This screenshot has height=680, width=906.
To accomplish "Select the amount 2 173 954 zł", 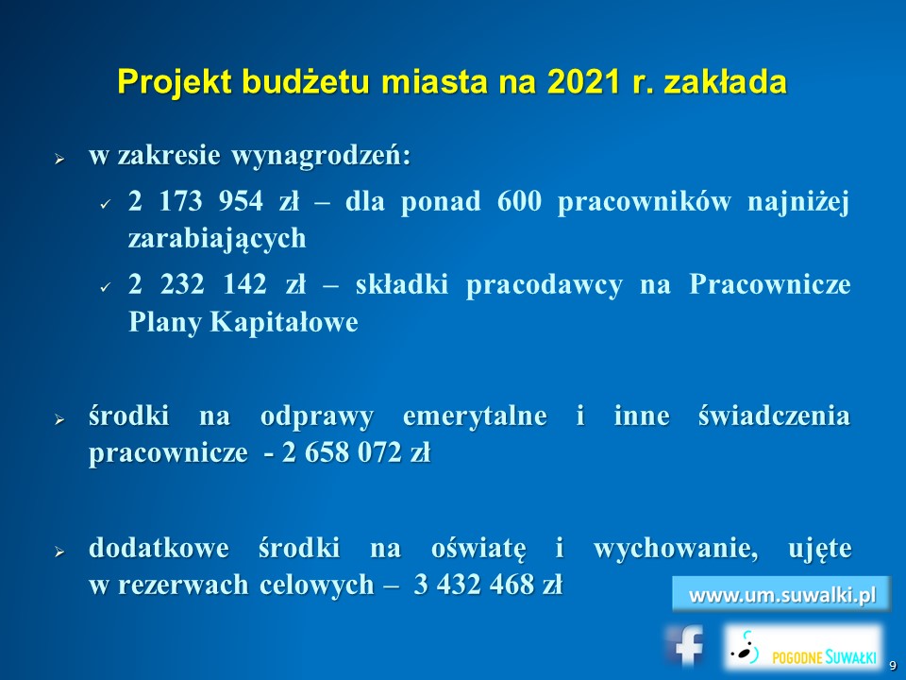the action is tap(214, 201).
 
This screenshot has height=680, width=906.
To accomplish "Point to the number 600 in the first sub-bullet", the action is tap(519, 201).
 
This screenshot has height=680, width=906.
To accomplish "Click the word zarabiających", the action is tap(217, 239).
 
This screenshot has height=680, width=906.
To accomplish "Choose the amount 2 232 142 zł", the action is tap(217, 284).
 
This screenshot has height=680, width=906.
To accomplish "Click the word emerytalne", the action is tap(475, 416).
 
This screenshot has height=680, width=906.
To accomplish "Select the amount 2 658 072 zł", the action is tap(356, 452).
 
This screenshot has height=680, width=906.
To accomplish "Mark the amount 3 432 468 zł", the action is tap(488, 585).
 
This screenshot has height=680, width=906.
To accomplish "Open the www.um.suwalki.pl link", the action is tap(781, 594).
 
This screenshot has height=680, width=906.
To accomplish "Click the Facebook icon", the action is tap(685, 645).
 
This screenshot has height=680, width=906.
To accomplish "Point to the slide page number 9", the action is tap(893, 666).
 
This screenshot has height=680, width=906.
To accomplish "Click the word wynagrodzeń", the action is tap(321, 156).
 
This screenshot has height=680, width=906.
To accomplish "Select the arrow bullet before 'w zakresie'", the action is tap(59, 158).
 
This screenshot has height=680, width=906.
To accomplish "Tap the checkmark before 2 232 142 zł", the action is tap(105, 287).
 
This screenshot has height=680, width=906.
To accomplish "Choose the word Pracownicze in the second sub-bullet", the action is tap(770, 284).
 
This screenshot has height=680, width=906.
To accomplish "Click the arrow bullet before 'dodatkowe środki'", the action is tap(59, 551).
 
